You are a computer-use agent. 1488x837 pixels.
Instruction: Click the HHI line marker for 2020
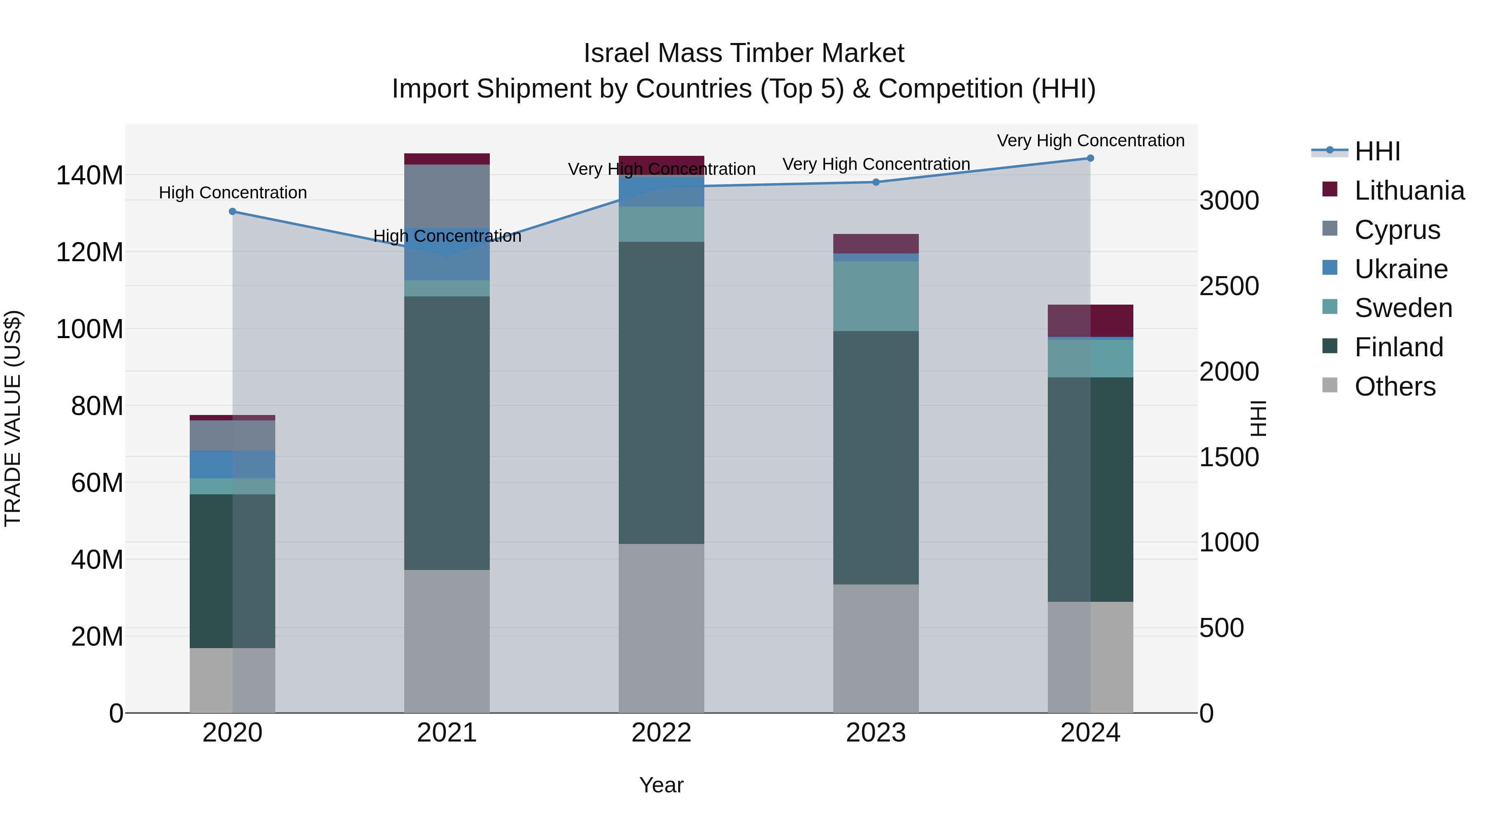click(x=232, y=211)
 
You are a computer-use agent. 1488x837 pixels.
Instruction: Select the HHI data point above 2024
click(x=1090, y=158)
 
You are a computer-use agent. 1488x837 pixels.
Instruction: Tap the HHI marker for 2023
click(x=876, y=182)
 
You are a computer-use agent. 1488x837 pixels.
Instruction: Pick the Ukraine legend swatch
click(x=1329, y=268)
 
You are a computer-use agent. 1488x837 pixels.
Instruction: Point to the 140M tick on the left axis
click(x=90, y=175)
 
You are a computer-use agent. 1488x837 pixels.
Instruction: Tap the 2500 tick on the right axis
click(x=1229, y=286)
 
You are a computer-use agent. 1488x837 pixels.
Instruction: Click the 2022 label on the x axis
click(x=661, y=733)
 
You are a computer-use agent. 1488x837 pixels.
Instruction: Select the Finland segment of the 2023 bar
click(x=876, y=456)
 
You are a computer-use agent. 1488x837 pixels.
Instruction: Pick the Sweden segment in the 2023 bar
click(x=876, y=296)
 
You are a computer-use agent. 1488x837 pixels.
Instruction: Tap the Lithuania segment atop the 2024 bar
click(x=1090, y=321)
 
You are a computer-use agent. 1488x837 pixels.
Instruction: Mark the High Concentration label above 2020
click(x=232, y=192)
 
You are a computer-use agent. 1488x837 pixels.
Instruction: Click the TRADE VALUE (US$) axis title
click(x=13, y=418)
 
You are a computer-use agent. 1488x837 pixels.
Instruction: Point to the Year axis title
click(x=661, y=785)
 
